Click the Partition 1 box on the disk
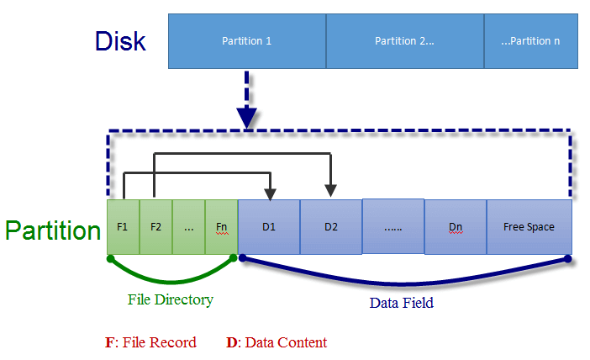(246, 40)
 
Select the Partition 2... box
(404, 40)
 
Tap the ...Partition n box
(530, 40)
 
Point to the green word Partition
(53, 230)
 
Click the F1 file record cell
(123, 227)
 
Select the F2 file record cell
(155, 227)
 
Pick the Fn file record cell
(221, 227)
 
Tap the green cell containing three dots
(188, 227)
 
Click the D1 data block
(269, 227)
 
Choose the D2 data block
(331, 227)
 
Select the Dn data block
(456, 227)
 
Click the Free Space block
(529, 227)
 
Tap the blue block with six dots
(392, 227)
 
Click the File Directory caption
(171, 299)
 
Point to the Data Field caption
(402, 303)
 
